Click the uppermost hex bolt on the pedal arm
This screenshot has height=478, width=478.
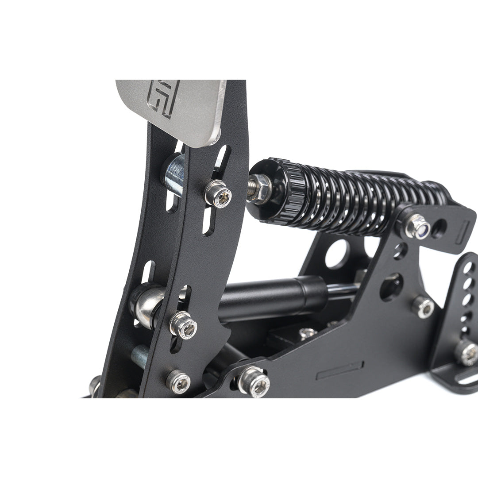coord(218,194)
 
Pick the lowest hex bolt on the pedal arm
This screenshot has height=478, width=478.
coord(178,381)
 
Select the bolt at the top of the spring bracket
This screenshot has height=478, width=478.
coord(417,226)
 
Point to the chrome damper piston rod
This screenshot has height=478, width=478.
coord(343,290)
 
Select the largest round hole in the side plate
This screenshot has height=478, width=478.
coord(337,254)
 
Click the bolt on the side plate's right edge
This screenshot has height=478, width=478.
coord(422,307)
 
